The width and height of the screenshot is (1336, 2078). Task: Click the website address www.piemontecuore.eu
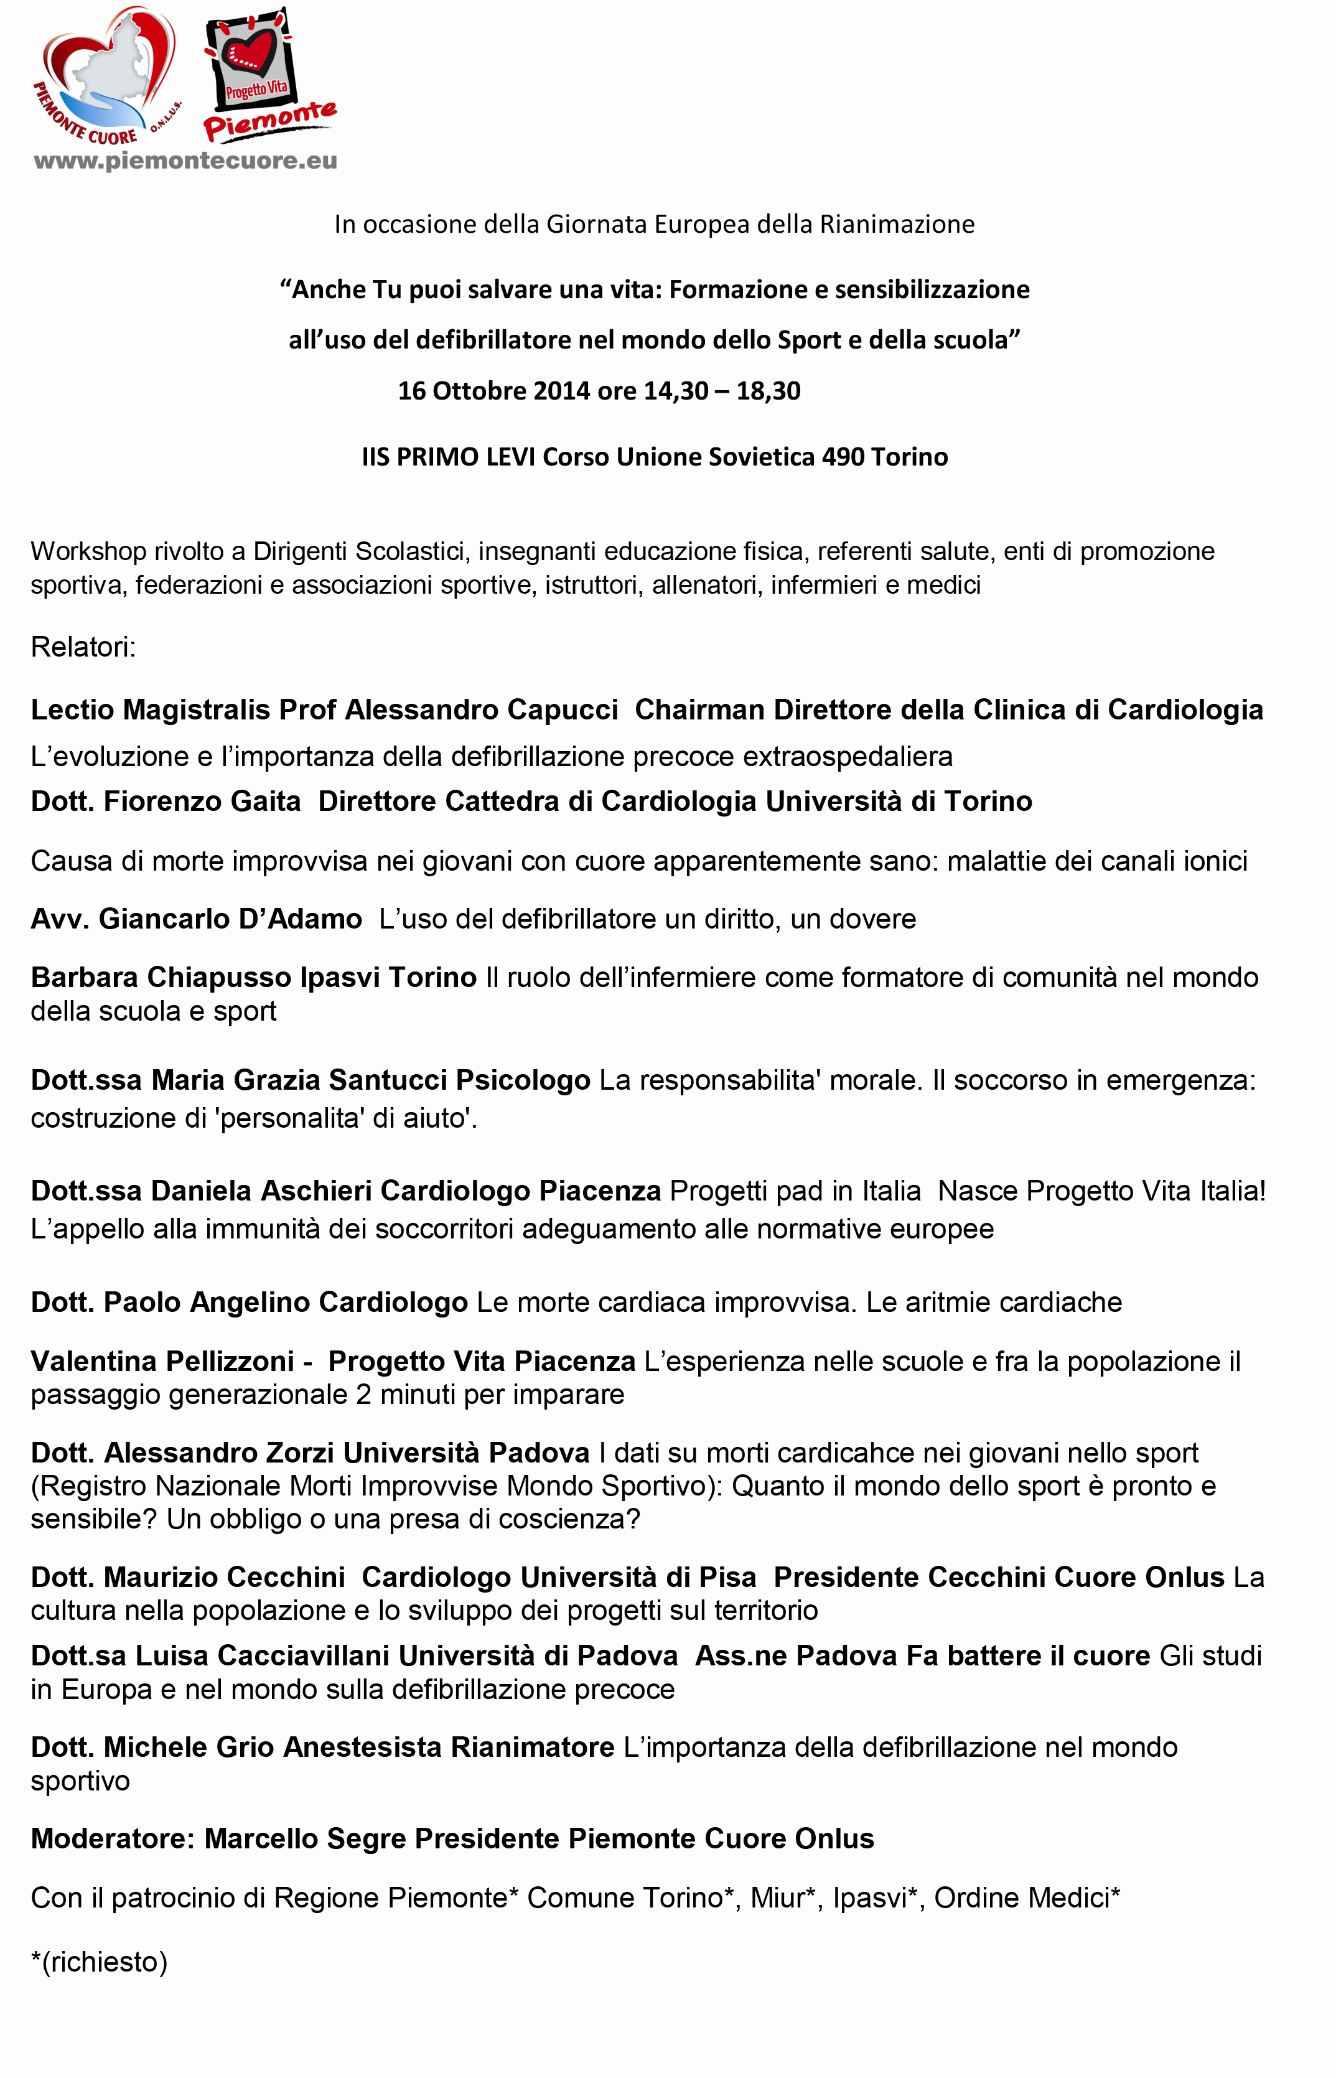[x=185, y=161]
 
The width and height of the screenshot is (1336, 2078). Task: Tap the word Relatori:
[x=83, y=647]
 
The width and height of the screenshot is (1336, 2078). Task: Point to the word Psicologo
[x=523, y=1080]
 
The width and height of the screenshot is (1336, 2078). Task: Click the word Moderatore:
[x=113, y=1838]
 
